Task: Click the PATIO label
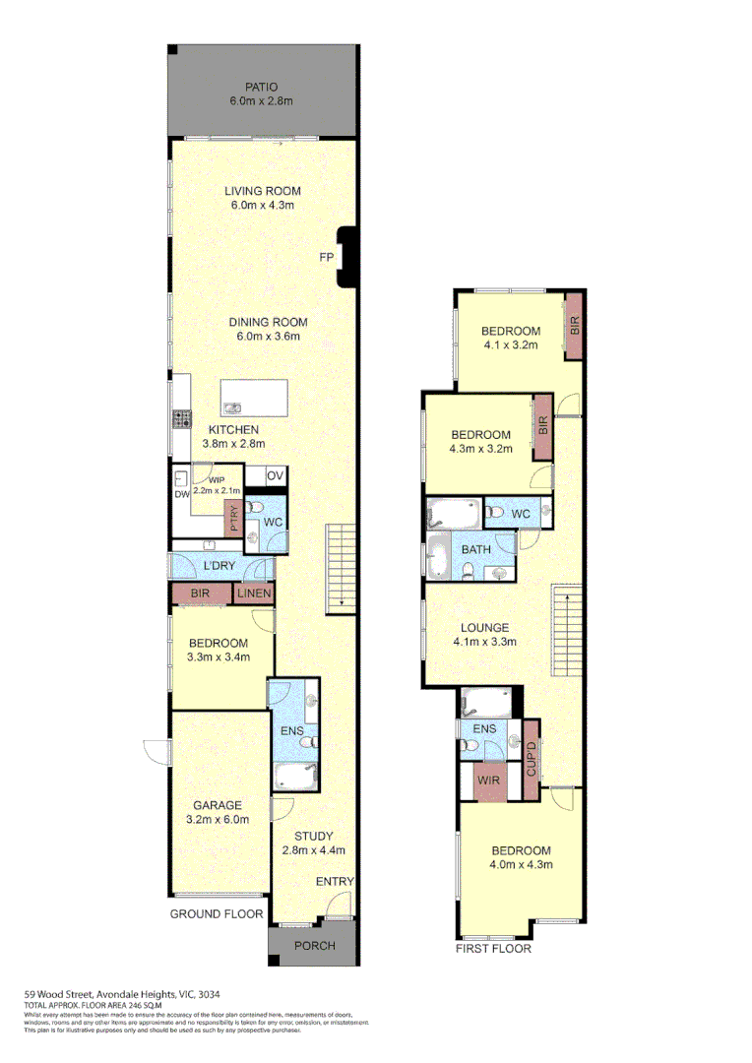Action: [x=261, y=88]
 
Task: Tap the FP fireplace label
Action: [x=326, y=257]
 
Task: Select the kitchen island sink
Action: [x=232, y=407]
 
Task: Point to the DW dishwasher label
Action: [x=181, y=494]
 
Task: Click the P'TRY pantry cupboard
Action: [x=233, y=517]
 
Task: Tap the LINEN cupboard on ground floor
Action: [x=254, y=594]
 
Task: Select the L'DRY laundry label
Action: [x=219, y=567]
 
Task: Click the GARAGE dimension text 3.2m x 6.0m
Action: [x=219, y=819]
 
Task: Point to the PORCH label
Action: [x=315, y=946]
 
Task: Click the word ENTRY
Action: [x=334, y=882]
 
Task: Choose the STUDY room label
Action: [x=312, y=837]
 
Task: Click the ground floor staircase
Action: [x=340, y=567]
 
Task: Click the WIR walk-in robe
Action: [x=489, y=781]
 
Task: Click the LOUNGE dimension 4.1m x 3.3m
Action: [x=485, y=642]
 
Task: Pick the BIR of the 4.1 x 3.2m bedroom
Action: [x=575, y=327]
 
